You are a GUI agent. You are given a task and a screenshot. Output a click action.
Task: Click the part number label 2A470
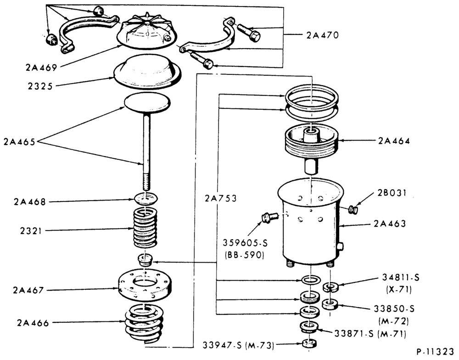click(x=322, y=35)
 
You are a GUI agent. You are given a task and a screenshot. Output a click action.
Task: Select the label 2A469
click(x=41, y=67)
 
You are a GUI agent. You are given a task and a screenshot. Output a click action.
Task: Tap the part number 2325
click(x=40, y=86)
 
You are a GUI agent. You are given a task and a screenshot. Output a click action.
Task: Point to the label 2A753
click(x=220, y=199)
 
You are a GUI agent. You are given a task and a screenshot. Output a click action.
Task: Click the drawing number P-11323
click(x=435, y=352)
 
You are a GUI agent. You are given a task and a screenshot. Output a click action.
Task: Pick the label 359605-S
click(x=245, y=243)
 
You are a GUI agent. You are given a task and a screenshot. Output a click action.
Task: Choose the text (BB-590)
click(x=245, y=255)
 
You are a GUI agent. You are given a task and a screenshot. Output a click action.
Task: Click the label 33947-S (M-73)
click(x=239, y=345)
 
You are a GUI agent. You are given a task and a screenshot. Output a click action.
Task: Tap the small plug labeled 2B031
click(x=353, y=209)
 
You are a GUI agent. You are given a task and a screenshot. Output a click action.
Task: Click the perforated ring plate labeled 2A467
click(x=145, y=284)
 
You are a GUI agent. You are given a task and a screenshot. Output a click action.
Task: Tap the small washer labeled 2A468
click(x=146, y=199)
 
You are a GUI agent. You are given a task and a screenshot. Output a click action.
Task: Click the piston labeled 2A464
click(x=311, y=146)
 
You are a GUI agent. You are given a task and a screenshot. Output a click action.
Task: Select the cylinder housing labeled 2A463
click(x=311, y=223)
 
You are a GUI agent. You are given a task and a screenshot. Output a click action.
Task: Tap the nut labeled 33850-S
click(x=330, y=304)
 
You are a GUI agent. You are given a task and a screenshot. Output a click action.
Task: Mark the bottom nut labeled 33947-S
click(x=309, y=343)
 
